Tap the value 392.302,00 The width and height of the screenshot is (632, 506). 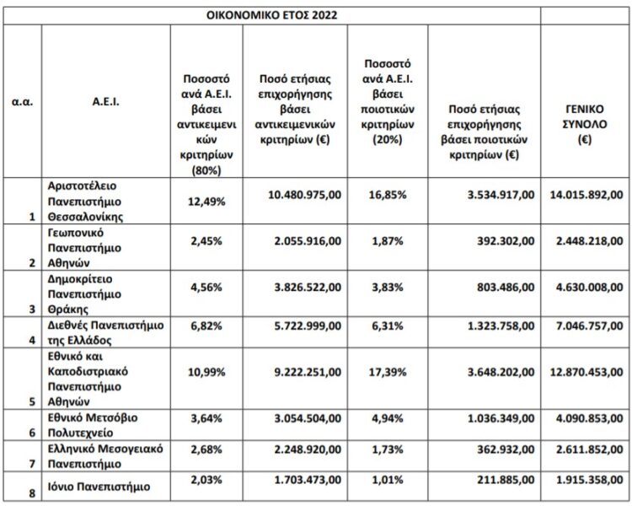[x=501, y=240]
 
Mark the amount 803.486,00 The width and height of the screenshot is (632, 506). [x=501, y=288]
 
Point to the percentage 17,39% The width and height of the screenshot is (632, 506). [x=387, y=372]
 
